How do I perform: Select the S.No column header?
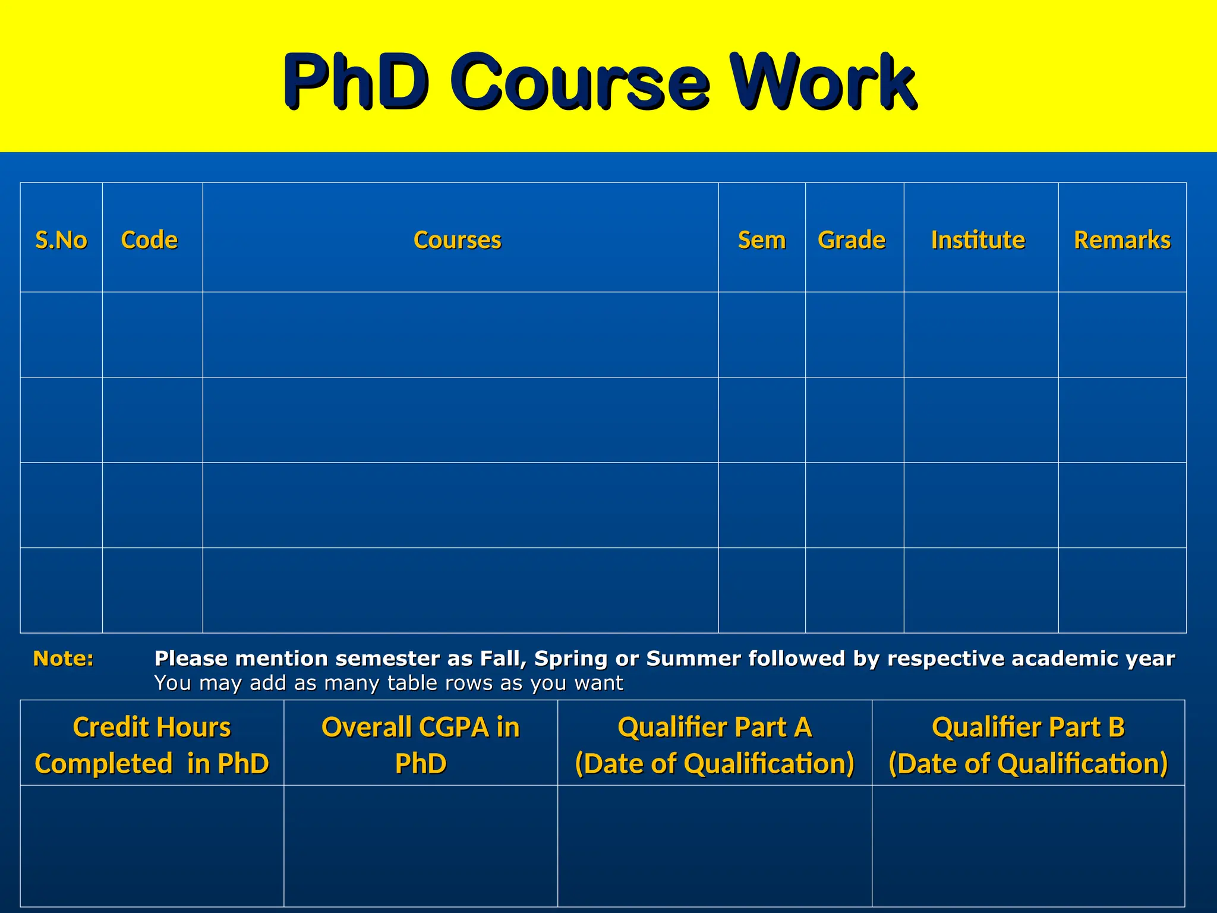click(61, 240)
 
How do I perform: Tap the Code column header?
click(149, 240)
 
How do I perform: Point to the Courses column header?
click(458, 240)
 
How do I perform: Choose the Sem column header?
click(761, 240)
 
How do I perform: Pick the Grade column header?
click(852, 240)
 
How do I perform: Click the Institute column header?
click(978, 240)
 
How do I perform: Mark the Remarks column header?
click(1122, 240)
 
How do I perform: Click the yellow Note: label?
click(63, 659)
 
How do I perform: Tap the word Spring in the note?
click(570, 659)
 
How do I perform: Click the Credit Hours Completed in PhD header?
click(152, 745)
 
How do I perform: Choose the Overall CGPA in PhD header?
click(421, 745)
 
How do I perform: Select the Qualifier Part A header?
click(715, 745)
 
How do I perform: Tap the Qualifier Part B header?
click(1028, 745)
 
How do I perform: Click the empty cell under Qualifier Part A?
click(715, 845)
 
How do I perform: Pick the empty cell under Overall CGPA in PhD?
click(421, 845)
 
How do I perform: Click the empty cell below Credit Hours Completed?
click(152, 845)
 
